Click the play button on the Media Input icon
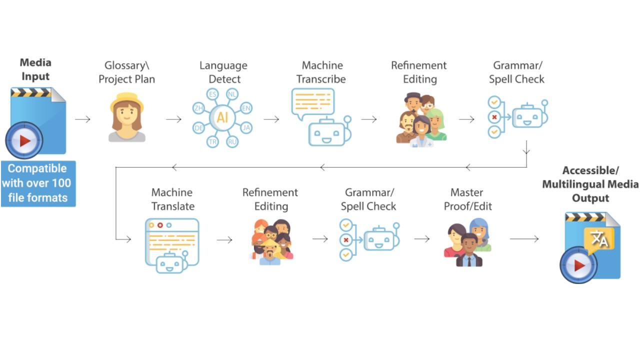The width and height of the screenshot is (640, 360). (x=24, y=140)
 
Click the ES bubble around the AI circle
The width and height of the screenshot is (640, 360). (x=213, y=94)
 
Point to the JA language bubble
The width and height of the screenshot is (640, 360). (x=245, y=127)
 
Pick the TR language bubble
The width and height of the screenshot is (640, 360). (x=213, y=141)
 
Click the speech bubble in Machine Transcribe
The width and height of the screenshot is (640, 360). (x=312, y=102)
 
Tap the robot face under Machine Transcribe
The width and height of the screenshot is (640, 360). (x=327, y=132)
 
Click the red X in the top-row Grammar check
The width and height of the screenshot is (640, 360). (x=494, y=117)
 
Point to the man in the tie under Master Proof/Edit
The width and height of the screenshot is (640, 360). (x=469, y=251)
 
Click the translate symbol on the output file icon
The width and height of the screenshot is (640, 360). (x=599, y=240)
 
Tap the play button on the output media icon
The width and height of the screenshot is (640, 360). (x=578, y=265)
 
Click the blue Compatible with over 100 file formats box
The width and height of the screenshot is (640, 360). (x=38, y=183)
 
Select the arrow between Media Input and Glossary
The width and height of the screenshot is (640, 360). (x=83, y=119)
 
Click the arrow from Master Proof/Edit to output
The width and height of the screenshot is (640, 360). (x=524, y=239)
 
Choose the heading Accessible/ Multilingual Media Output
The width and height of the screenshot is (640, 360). (x=590, y=184)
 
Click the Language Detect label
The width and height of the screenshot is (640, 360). (x=223, y=72)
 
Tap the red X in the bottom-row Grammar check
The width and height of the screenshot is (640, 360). (x=345, y=240)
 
